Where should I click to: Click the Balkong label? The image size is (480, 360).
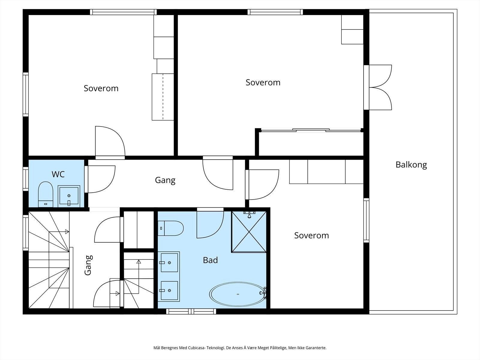click(x=411, y=165)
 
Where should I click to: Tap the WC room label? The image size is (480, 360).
click(x=58, y=174)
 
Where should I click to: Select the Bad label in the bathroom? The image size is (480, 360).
click(x=210, y=260)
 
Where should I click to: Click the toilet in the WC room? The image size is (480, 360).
click(x=46, y=194)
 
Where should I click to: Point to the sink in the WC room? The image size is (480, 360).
click(x=69, y=196)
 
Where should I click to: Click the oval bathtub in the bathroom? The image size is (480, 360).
click(x=237, y=294)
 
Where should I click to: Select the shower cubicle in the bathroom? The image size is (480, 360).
click(x=249, y=232)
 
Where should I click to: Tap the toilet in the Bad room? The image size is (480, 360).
click(x=171, y=228)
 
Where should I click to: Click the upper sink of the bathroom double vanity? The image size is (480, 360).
click(x=169, y=262)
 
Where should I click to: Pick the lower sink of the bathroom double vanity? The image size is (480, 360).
click(x=169, y=290)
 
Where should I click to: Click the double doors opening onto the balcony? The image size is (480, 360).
click(x=378, y=87)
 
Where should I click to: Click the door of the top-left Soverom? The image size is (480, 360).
click(x=110, y=142)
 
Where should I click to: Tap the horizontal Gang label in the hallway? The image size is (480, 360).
click(x=165, y=180)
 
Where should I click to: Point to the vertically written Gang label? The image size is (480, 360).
click(x=88, y=265)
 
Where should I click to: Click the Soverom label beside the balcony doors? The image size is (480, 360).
click(x=263, y=82)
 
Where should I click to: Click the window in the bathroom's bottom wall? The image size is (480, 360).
click(x=191, y=311)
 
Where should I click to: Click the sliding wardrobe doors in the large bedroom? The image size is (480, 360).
click(x=311, y=130)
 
